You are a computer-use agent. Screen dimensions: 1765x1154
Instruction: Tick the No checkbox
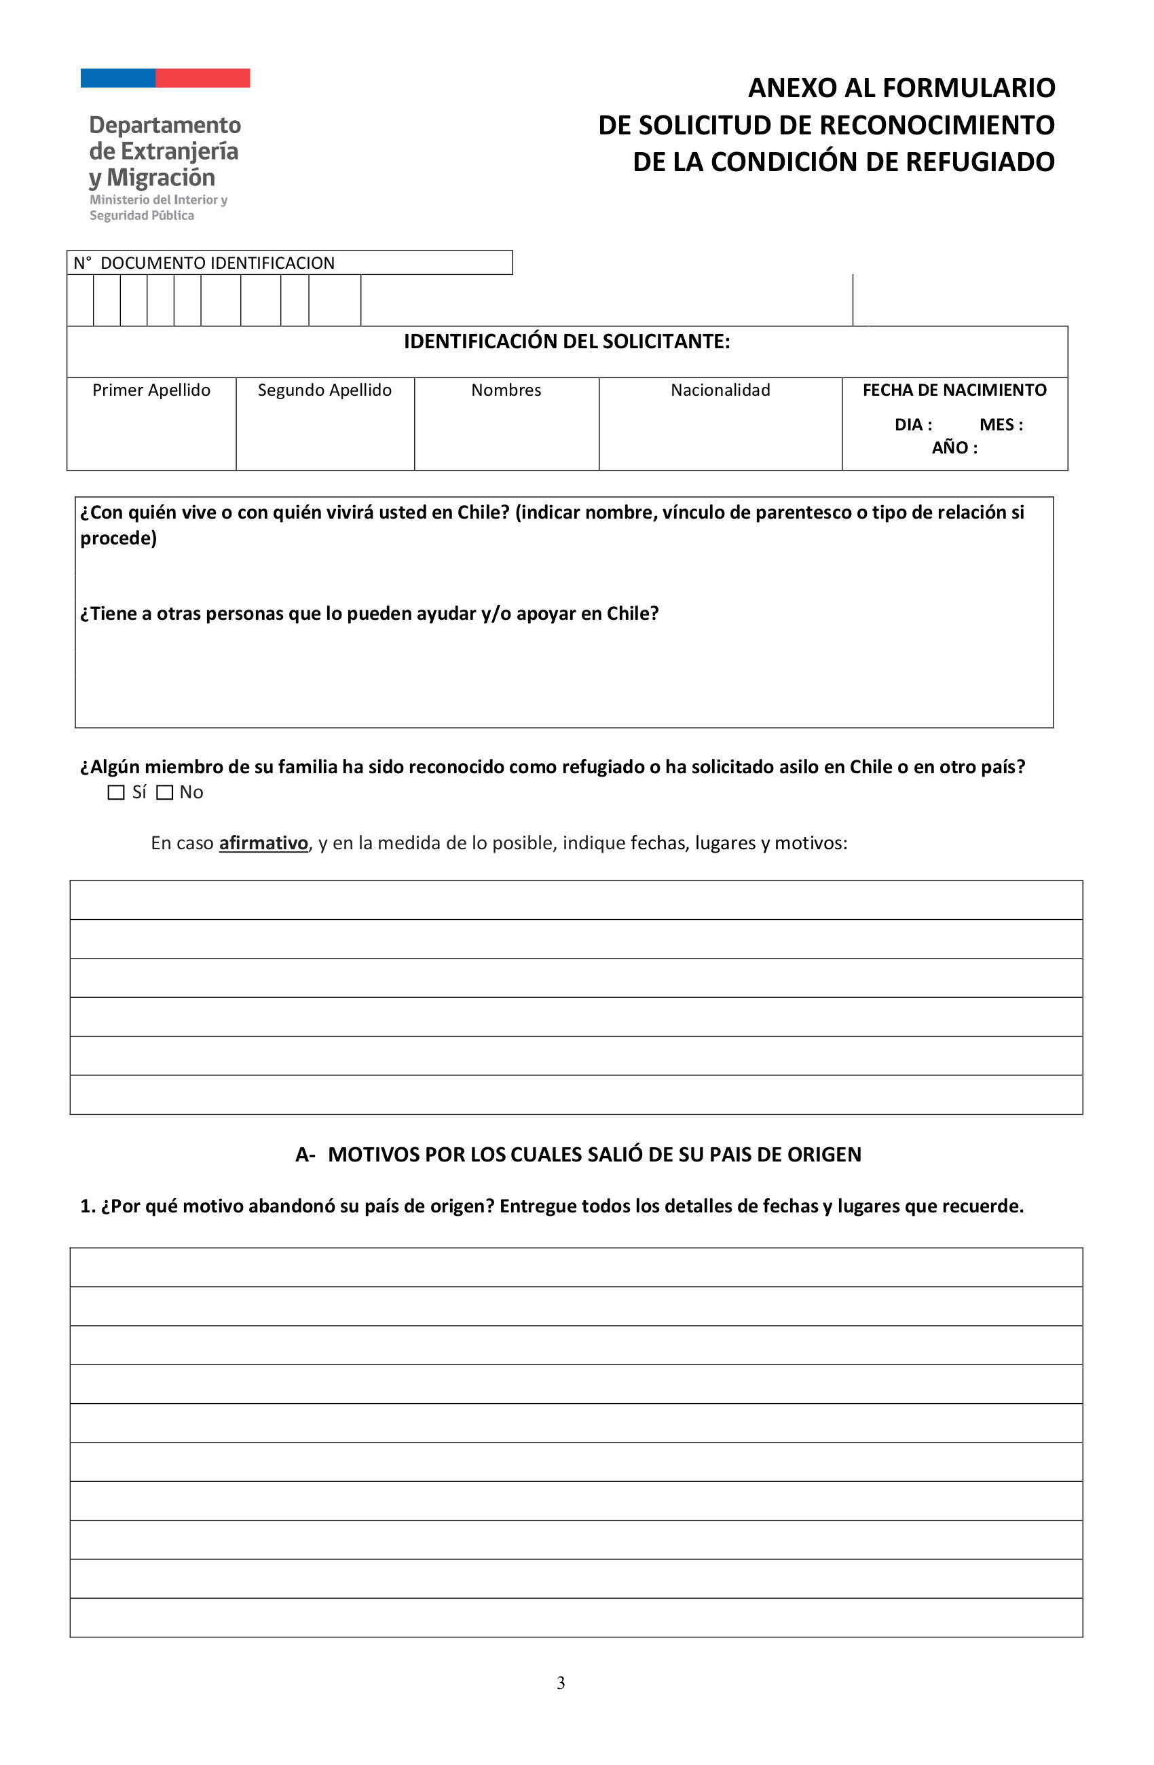(x=165, y=792)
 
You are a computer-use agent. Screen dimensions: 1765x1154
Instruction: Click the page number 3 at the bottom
(x=561, y=1683)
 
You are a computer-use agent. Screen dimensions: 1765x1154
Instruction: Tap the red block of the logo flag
(x=202, y=78)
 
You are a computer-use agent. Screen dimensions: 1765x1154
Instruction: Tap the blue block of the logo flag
(x=118, y=78)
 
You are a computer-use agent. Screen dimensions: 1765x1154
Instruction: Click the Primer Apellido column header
(x=151, y=390)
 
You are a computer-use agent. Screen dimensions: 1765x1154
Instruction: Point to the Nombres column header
(x=506, y=390)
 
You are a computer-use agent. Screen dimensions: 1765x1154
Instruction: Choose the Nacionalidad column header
(x=720, y=390)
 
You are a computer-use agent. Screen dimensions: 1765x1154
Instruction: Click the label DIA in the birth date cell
(x=912, y=425)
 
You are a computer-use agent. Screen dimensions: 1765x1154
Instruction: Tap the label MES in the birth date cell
(x=1001, y=425)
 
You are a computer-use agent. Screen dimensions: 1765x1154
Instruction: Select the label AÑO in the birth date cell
(x=954, y=448)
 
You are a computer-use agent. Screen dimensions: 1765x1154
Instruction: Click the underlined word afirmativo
(x=263, y=843)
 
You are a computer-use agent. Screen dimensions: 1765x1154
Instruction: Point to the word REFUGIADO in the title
(x=980, y=162)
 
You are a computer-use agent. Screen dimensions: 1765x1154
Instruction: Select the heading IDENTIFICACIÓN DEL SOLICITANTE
(x=567, y=341)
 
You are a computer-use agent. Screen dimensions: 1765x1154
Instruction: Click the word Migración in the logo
(x=161, y=178)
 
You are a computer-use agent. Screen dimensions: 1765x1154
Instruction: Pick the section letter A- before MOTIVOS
(x=305, y=1155)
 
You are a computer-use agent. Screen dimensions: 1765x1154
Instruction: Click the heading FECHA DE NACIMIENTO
(x=954, y=390)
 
